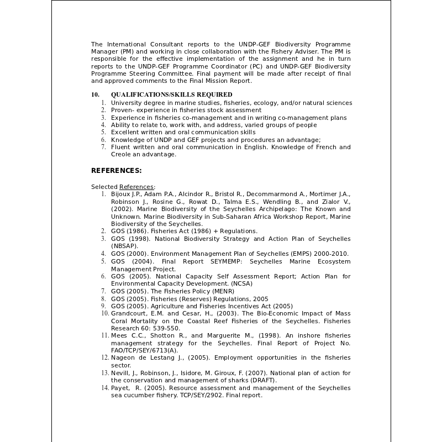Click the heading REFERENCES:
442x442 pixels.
point(116,170)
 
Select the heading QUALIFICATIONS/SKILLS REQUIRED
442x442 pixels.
point(171,94)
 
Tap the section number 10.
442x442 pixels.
point(95,94)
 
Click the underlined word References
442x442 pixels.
point(137,187)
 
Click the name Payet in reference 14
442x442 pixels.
point(120,388)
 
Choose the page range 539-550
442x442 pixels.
point(164,328)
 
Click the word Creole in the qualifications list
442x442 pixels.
point(122,155)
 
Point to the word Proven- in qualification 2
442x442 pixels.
point(123,110)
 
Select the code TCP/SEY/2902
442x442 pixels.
point(202,395)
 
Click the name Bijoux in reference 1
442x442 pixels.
point(122,194)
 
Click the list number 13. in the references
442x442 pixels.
point(105,373)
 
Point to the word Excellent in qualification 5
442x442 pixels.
point(126,132)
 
